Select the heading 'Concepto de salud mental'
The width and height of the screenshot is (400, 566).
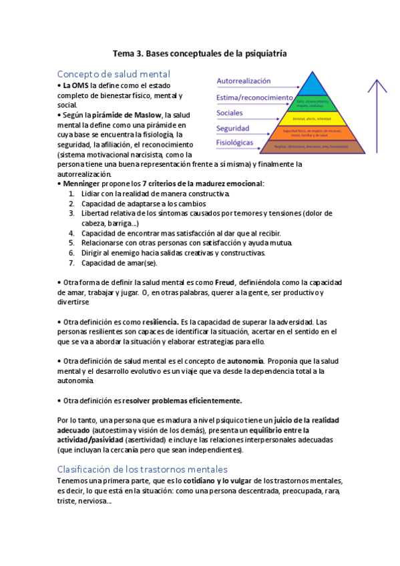pos(114,73)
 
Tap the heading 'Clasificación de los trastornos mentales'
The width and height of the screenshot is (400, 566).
pos(142,469)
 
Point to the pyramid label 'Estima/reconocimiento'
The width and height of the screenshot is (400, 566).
pos(254,97)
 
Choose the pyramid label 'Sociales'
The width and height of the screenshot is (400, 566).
pos(230,113)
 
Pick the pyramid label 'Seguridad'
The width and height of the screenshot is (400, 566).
pos(233,128)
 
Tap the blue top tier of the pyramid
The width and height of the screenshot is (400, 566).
pos(311,85)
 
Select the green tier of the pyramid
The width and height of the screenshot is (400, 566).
pos(311,103)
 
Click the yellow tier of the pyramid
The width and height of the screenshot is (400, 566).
pos(311,118)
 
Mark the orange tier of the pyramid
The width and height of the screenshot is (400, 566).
pos(311,132)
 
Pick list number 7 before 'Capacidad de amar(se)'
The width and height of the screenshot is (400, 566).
pos(71,262)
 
